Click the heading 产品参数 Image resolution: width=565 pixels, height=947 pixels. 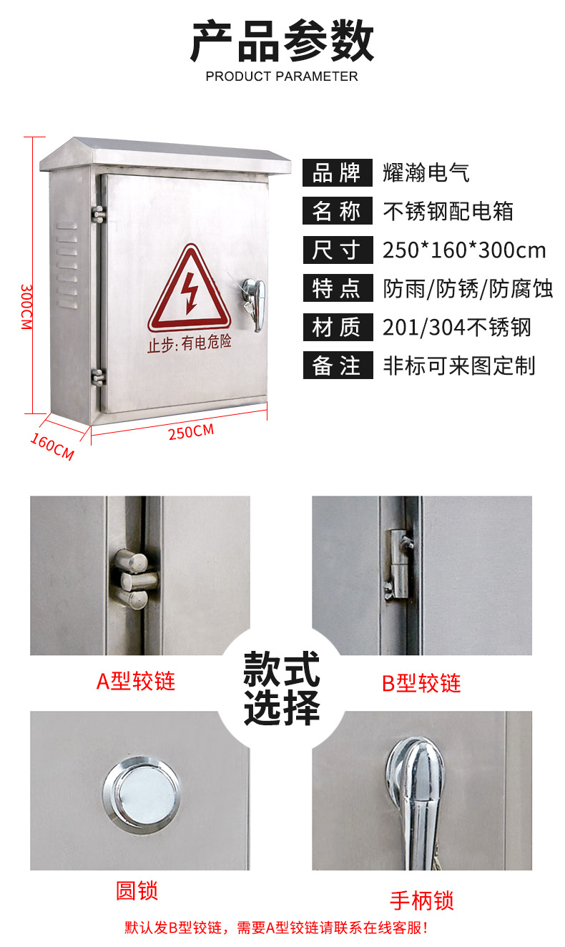282,41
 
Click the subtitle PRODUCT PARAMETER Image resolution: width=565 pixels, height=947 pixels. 282,77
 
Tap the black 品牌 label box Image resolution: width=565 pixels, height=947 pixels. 338,172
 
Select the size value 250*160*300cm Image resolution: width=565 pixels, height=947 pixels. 464,250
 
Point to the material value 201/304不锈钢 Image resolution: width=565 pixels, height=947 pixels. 457,327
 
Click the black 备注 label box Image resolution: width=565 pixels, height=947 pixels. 338,365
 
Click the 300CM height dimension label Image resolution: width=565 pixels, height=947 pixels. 26,307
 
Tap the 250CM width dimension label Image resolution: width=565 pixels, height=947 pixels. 191,431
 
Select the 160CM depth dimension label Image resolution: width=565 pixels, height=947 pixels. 52,446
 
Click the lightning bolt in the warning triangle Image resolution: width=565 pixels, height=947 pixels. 190,293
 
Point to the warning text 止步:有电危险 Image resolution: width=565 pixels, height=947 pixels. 190,343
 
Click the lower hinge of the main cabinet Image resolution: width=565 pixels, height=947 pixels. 98,377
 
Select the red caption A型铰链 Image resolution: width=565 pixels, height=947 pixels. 136,681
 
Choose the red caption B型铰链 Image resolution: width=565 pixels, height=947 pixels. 421,683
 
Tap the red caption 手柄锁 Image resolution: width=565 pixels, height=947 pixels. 422,901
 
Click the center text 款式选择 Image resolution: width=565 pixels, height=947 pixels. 282,688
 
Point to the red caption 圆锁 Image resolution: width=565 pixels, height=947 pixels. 137,890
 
